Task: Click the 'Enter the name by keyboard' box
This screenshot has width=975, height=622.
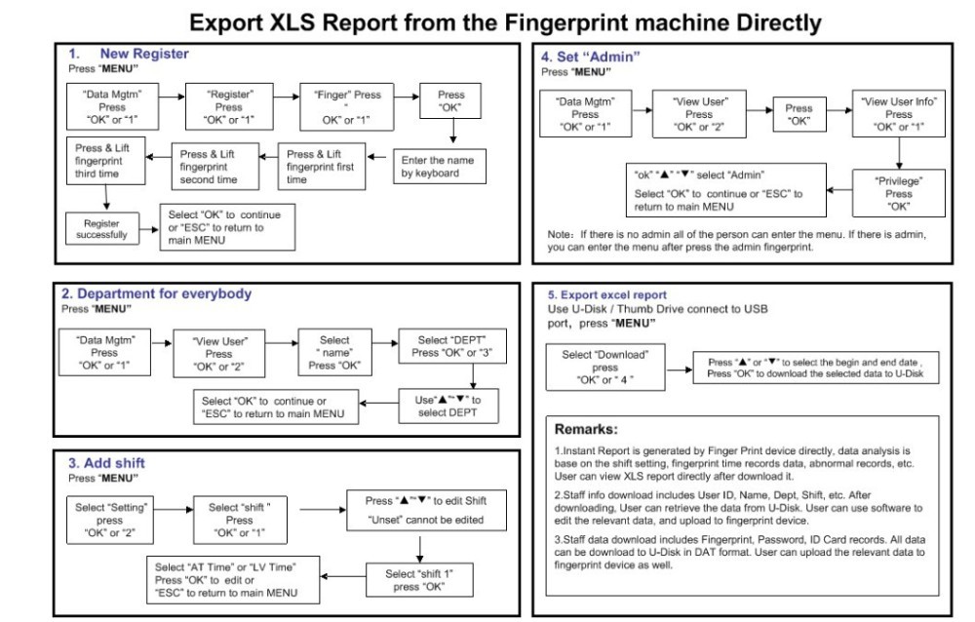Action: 439,167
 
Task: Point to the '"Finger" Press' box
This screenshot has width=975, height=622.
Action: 347,107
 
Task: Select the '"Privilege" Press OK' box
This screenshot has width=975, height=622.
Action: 898,194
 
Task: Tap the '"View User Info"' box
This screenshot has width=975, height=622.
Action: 898,114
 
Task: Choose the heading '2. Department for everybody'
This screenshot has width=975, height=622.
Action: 156,293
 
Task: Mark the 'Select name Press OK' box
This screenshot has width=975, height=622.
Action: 334,353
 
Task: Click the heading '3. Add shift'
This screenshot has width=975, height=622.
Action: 106,463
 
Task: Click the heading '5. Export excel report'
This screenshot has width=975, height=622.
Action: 606,294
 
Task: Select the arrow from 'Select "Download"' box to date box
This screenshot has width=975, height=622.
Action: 678,369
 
